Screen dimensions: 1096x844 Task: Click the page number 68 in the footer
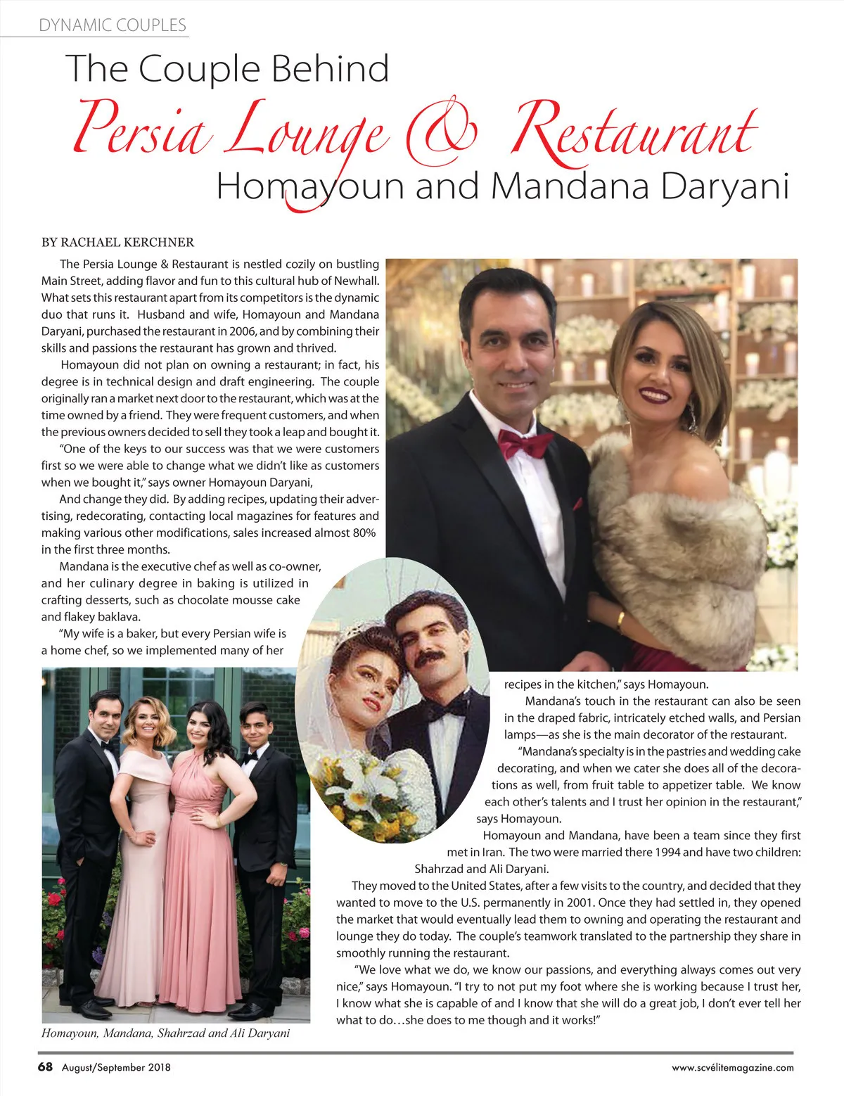click(45, 1066)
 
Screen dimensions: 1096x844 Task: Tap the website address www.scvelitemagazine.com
click(732, 1067)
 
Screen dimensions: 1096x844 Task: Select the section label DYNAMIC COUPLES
click(113, 25)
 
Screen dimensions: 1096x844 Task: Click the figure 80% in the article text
click(363, 533)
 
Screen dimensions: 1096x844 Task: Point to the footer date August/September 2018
click(116, 1067)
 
